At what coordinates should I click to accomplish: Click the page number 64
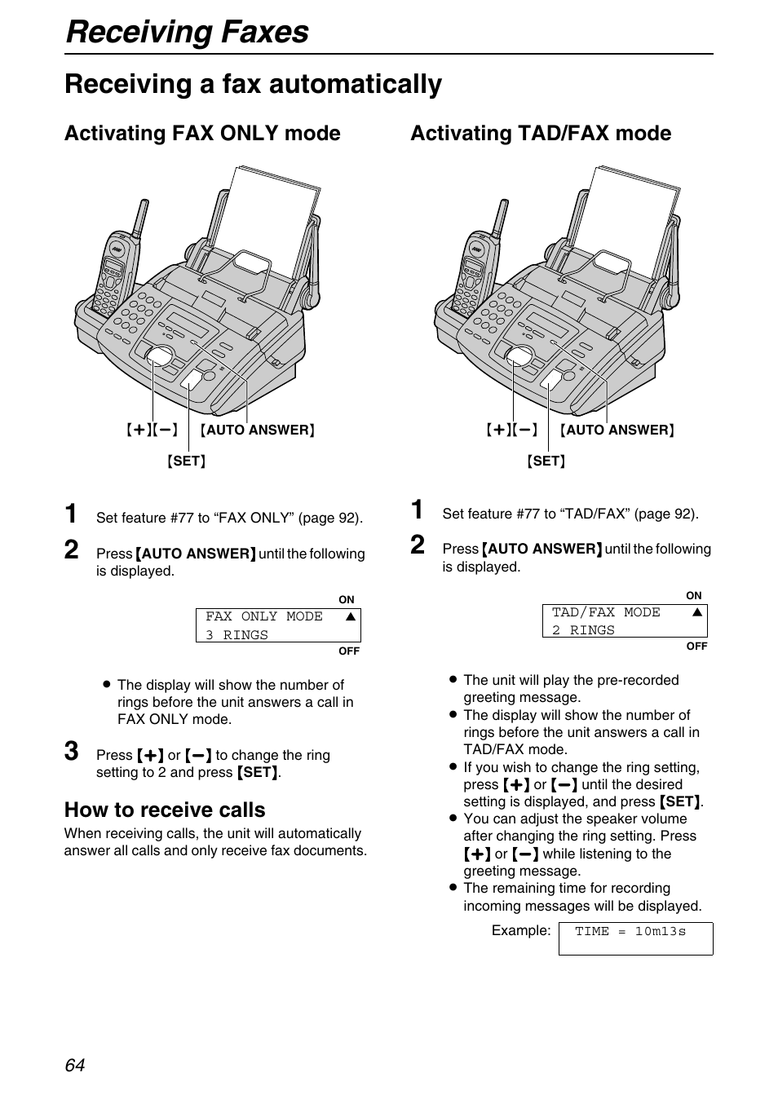(75, 1065)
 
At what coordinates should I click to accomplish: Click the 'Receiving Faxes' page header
(187, 32)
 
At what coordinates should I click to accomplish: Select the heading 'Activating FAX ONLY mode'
(202, 134)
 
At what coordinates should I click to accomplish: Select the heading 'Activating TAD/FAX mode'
(541, 134)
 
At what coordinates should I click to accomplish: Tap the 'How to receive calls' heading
(165, 810)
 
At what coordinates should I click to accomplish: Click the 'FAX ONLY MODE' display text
(264, 617)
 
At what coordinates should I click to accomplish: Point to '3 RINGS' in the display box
(236, 635)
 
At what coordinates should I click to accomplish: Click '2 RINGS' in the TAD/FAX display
(583, 630)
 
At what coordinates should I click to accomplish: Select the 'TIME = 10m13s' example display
(630, 931)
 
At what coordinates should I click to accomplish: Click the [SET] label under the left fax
(187, 461)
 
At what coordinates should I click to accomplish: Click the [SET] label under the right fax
(546, 461)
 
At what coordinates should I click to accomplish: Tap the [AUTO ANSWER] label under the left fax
(258, 430)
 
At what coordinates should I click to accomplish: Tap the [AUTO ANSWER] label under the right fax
(617, 430)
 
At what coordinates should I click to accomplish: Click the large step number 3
(73, 751)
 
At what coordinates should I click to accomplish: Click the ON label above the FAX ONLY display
(347, 600)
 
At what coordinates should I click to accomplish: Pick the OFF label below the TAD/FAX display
(696, 646)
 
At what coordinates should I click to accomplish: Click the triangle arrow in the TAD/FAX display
(697, 612)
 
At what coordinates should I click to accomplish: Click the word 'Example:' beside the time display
(521, 930)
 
